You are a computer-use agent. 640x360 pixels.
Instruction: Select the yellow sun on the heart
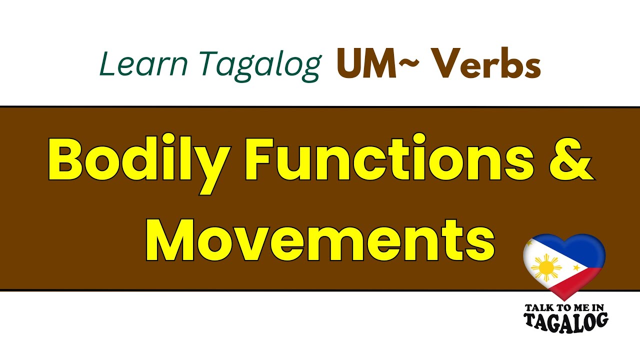[546, 267]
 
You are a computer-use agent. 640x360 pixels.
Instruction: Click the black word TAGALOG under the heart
[566, 320]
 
